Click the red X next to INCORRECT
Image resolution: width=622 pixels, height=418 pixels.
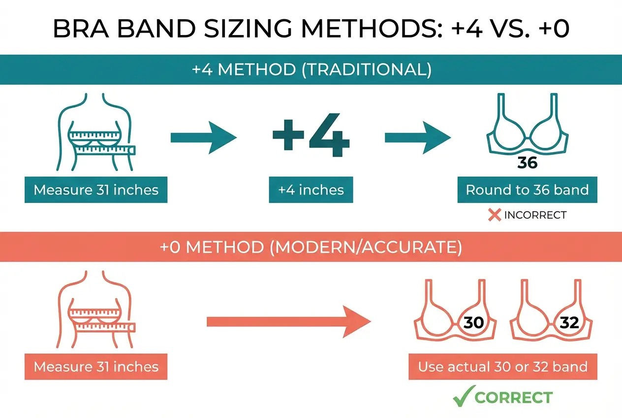click(x=494, y=215)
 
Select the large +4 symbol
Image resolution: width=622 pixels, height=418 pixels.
click(x=311, y=137)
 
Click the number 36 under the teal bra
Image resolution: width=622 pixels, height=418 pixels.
click(x=528, y=163)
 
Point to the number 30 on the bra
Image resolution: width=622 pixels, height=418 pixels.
click(x=473, y=323)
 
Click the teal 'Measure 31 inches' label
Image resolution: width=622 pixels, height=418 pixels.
click(x=96, y=190)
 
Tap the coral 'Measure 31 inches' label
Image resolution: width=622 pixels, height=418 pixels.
click(x=96, y=367)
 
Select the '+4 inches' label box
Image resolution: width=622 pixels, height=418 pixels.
click(x=311, y=190)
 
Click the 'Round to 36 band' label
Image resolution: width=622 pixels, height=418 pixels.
click(x=528, y=190)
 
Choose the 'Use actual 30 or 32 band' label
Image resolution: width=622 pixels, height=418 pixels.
click(x=502, y=367)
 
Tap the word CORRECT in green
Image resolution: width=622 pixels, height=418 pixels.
click(x=514, y=397)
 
